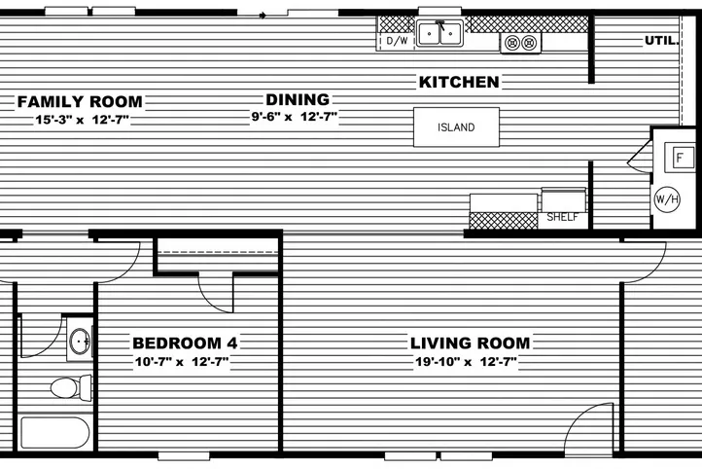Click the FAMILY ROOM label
pos(80,101)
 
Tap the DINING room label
pos(298,99)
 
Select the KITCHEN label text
pos(459,83)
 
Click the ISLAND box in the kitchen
pos(457,127)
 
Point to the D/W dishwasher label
pos(397,41)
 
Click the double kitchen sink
pos(439,35)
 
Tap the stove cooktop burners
pos(520,43)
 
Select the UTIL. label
pos(662,40)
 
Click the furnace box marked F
pos(680,157)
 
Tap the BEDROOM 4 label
pos(185,343)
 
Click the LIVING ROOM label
pos(470,343)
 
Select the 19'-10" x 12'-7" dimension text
pos(463,362)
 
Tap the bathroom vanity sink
pos(79,343)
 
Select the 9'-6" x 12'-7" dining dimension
pos(290,118)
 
